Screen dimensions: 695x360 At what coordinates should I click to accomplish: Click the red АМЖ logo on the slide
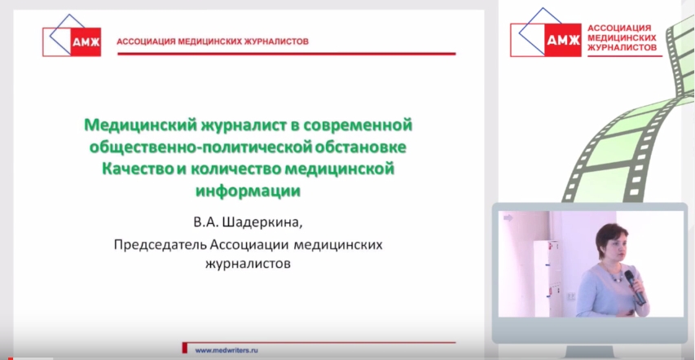click(x=86, y=42)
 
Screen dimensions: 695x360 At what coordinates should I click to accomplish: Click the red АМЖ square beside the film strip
click(x=563, y=40)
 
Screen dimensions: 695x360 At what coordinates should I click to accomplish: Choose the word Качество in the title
click(x=135, y=169)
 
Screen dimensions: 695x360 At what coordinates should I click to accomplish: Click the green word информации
click(x=248, y=191)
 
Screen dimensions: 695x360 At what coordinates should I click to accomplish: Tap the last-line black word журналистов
click(x=248, y=265)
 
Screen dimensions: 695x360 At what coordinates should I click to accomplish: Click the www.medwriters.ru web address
click(x=227, y=350)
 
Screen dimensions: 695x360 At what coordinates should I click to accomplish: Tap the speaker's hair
click(x=611, y=237)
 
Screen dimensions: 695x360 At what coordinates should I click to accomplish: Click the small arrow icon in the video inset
click(x=508, y=217)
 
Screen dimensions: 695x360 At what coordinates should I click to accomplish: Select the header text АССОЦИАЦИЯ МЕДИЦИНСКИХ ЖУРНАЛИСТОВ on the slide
click(x=213, y=42)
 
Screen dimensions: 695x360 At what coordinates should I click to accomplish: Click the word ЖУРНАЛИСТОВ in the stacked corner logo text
click(x=622, y=47)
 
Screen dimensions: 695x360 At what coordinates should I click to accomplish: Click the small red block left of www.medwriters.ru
click(x=185, y=348)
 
